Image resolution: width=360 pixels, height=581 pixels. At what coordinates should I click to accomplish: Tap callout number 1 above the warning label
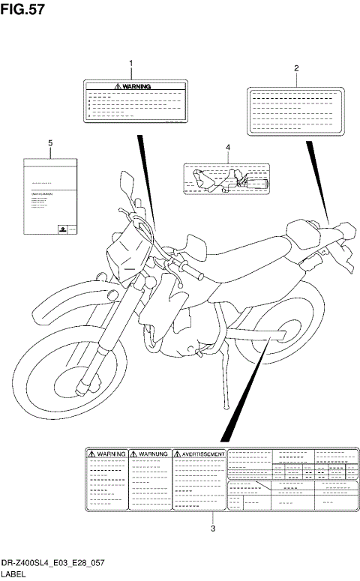[x=131, y=64]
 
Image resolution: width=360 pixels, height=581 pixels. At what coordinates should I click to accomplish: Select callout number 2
[x=296, y=68]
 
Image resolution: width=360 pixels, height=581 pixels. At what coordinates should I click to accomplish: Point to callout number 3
[x=213, y=528]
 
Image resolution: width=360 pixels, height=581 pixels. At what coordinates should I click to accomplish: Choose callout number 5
[x=50, y=142]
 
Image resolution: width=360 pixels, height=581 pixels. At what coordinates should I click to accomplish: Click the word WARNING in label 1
[x=136, y=87]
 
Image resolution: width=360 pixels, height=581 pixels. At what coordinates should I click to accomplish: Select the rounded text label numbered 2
[x=295, y=111]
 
